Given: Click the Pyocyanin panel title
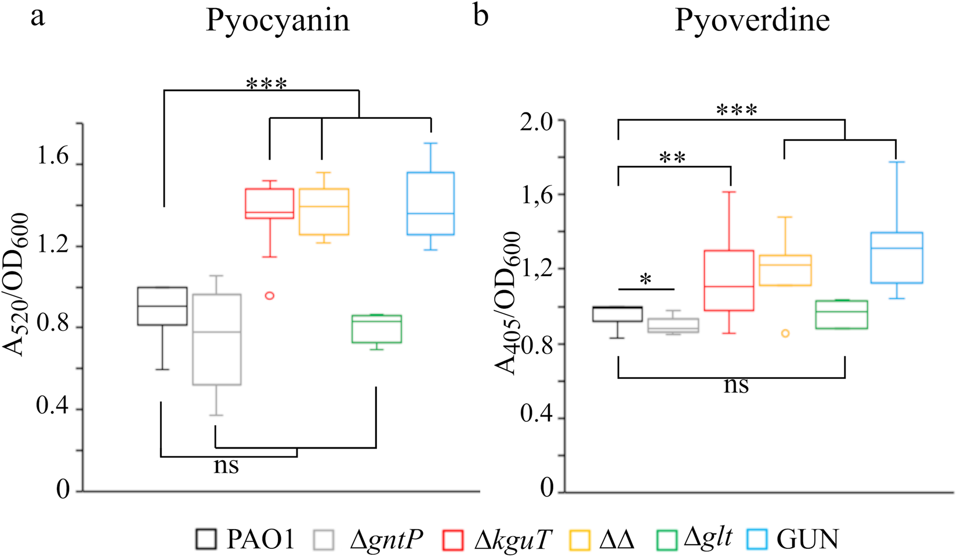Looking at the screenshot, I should click(x=278, y=21).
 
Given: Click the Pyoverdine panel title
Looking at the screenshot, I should click(x=752, y=21).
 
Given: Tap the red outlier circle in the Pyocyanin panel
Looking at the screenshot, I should click(x=270, y=295).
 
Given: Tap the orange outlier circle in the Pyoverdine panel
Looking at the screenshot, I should click(x=785, y=333).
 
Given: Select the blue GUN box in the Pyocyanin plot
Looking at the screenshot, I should click(x=430, y=203).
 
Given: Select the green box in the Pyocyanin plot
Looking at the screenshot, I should click(x=376, y=329).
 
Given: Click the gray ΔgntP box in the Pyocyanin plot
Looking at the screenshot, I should click(x=216, y=339).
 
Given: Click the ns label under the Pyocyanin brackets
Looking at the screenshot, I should click(x=226, y=465).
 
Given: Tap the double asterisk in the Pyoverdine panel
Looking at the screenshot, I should click(x=672, y=158).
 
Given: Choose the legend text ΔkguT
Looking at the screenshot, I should click(x=510, y=540).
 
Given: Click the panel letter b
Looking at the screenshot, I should click(x=481, y=16).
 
